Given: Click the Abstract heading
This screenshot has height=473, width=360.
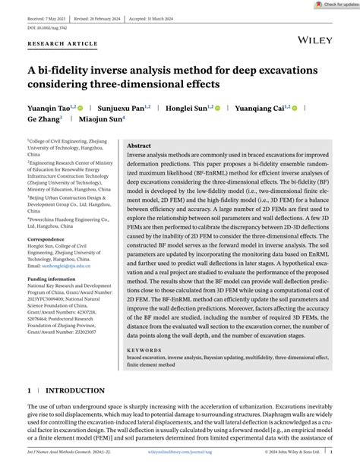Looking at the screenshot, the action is (139, 146).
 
